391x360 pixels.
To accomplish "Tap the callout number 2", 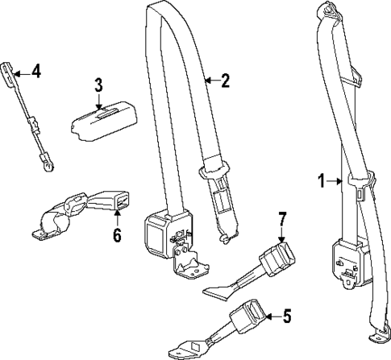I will click(x=227, y=80).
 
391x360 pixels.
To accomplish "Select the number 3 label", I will click(x=98, y=84).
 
